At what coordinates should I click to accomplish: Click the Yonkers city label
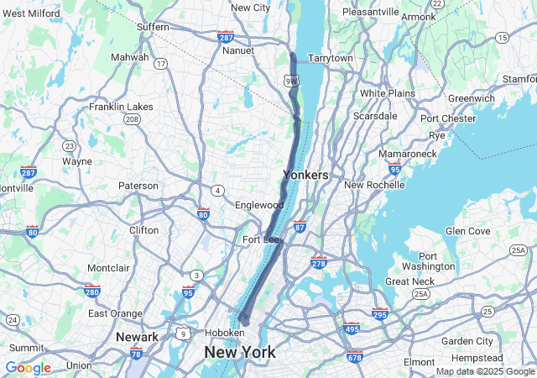pyautogui.click(x=305, y=175)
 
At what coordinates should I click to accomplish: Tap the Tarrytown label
pyautogui.click(x=331, y=58)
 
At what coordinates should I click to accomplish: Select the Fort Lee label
pyautogui.click(x=260, y=239)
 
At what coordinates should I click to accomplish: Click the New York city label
pyautogui.click(x=240, y=353)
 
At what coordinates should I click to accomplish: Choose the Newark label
pyautogui.click(x=138, y=337)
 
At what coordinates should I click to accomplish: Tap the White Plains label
pyautogui.click(x=388, y=92)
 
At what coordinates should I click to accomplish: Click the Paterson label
pyautogui.click(x=138, y=186)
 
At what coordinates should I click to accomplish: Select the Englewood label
pyautogui.click(x=259, y=205)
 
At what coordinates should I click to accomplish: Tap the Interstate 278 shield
pyautogui.click(x=319, y=263)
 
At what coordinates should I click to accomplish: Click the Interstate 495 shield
pyautogui.click(x=352, y=328)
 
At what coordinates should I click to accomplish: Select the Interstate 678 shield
pyautogui.click(x=354, y=356)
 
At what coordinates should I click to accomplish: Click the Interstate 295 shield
pyautogui.click(x=380, y=314)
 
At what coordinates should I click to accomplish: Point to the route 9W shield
pyautogui.click(x=290, y=81)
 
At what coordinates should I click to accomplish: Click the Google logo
pyautogui.click(x=28, y=368)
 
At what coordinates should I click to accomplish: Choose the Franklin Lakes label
pyautogui.click(x=122, y=107)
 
